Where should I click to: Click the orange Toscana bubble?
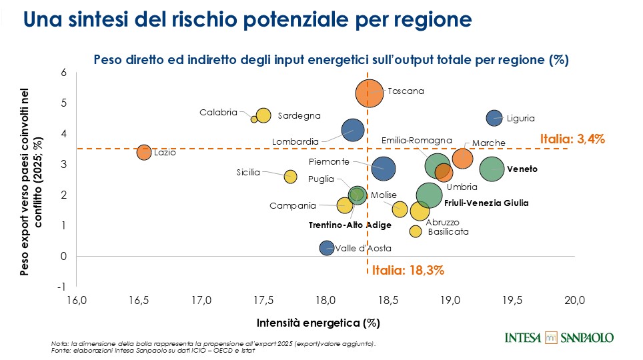click(369, 93)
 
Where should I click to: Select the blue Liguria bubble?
click(494, 118)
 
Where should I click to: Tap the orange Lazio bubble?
click(144, 152)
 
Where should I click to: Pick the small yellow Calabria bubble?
click(254, 119)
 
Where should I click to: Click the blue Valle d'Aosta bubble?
click(326, 248)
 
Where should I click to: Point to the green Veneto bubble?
click(492, 169)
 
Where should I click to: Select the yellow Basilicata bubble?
click(416, 231)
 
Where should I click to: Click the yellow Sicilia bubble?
click(290, 177)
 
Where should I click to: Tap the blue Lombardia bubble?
click(353, 130)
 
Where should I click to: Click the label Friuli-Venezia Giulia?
click(486, 203)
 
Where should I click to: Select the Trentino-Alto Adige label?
click(350, 225)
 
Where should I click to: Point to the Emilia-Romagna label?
click(417, 141)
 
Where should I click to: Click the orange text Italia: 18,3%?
click(408, 271)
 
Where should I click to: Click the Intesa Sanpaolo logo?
click(560, 337)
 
